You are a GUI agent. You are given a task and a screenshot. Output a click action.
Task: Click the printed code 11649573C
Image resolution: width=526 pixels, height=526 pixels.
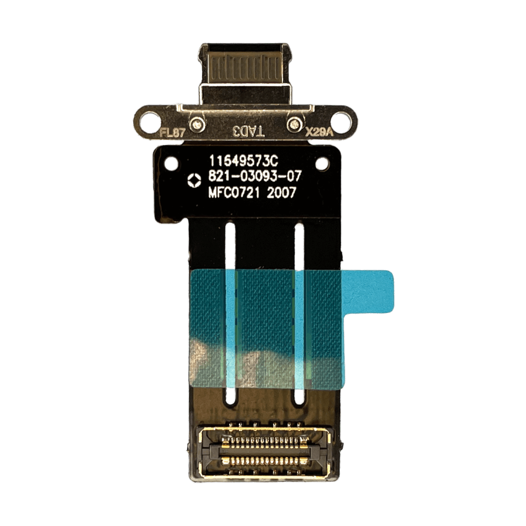244,161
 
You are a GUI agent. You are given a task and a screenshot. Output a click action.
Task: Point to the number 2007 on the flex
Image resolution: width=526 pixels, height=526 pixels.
281,193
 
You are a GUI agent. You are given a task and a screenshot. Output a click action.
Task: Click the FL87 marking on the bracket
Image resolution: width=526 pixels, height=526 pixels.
172,133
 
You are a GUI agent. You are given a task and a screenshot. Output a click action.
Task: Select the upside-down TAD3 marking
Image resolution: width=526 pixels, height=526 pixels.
249,132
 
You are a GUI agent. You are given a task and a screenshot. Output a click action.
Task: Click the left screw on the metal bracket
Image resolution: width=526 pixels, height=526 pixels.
197,125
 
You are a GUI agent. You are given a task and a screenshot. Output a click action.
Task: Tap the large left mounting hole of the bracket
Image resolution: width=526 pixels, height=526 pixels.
149,121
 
